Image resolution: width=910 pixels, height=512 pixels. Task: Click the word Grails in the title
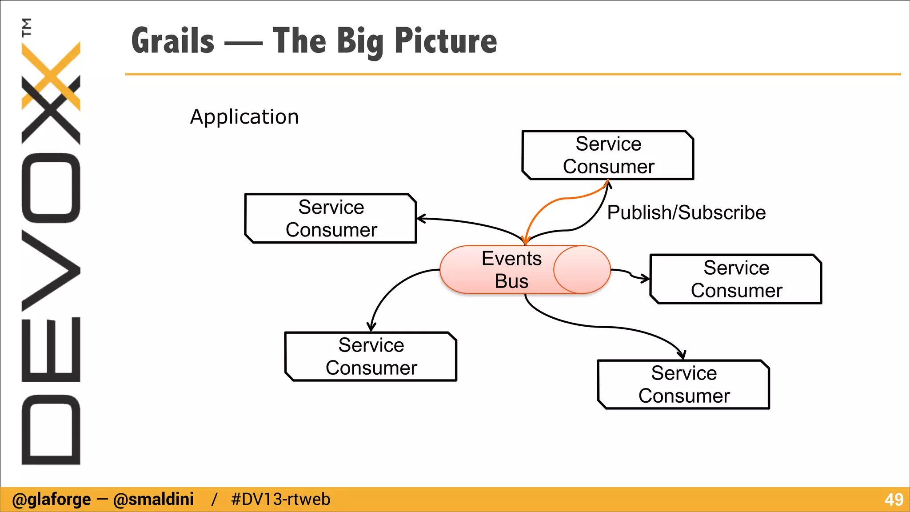(173, 41)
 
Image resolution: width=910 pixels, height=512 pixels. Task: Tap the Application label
(244, 117)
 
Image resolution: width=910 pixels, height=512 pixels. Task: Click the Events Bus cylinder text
(511, 270)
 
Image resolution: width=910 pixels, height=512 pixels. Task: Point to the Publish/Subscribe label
(686, 212)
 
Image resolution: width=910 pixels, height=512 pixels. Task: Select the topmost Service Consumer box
(608, 155)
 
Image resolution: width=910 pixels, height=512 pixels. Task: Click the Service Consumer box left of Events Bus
(331, 218)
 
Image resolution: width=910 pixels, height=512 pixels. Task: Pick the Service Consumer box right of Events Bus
(736, 279)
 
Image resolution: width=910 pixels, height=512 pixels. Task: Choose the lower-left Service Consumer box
(371, 356)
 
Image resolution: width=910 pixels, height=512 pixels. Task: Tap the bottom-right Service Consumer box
(683, 384)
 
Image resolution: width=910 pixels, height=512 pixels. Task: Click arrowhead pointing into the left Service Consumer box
(421, 219)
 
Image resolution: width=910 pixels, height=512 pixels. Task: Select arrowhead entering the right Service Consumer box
(645, 279)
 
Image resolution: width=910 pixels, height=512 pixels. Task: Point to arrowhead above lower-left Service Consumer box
(371, 327)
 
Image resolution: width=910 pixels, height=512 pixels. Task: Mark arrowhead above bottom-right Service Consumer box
(682, 355)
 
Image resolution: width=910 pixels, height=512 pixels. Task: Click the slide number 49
(894, 500)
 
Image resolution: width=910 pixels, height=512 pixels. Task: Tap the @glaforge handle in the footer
(51, 500)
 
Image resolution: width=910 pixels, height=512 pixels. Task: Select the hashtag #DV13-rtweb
(280, 500)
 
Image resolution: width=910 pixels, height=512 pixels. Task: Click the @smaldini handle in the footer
(153, 500)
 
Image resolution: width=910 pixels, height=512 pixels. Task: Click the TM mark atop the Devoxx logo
(27, 27)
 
